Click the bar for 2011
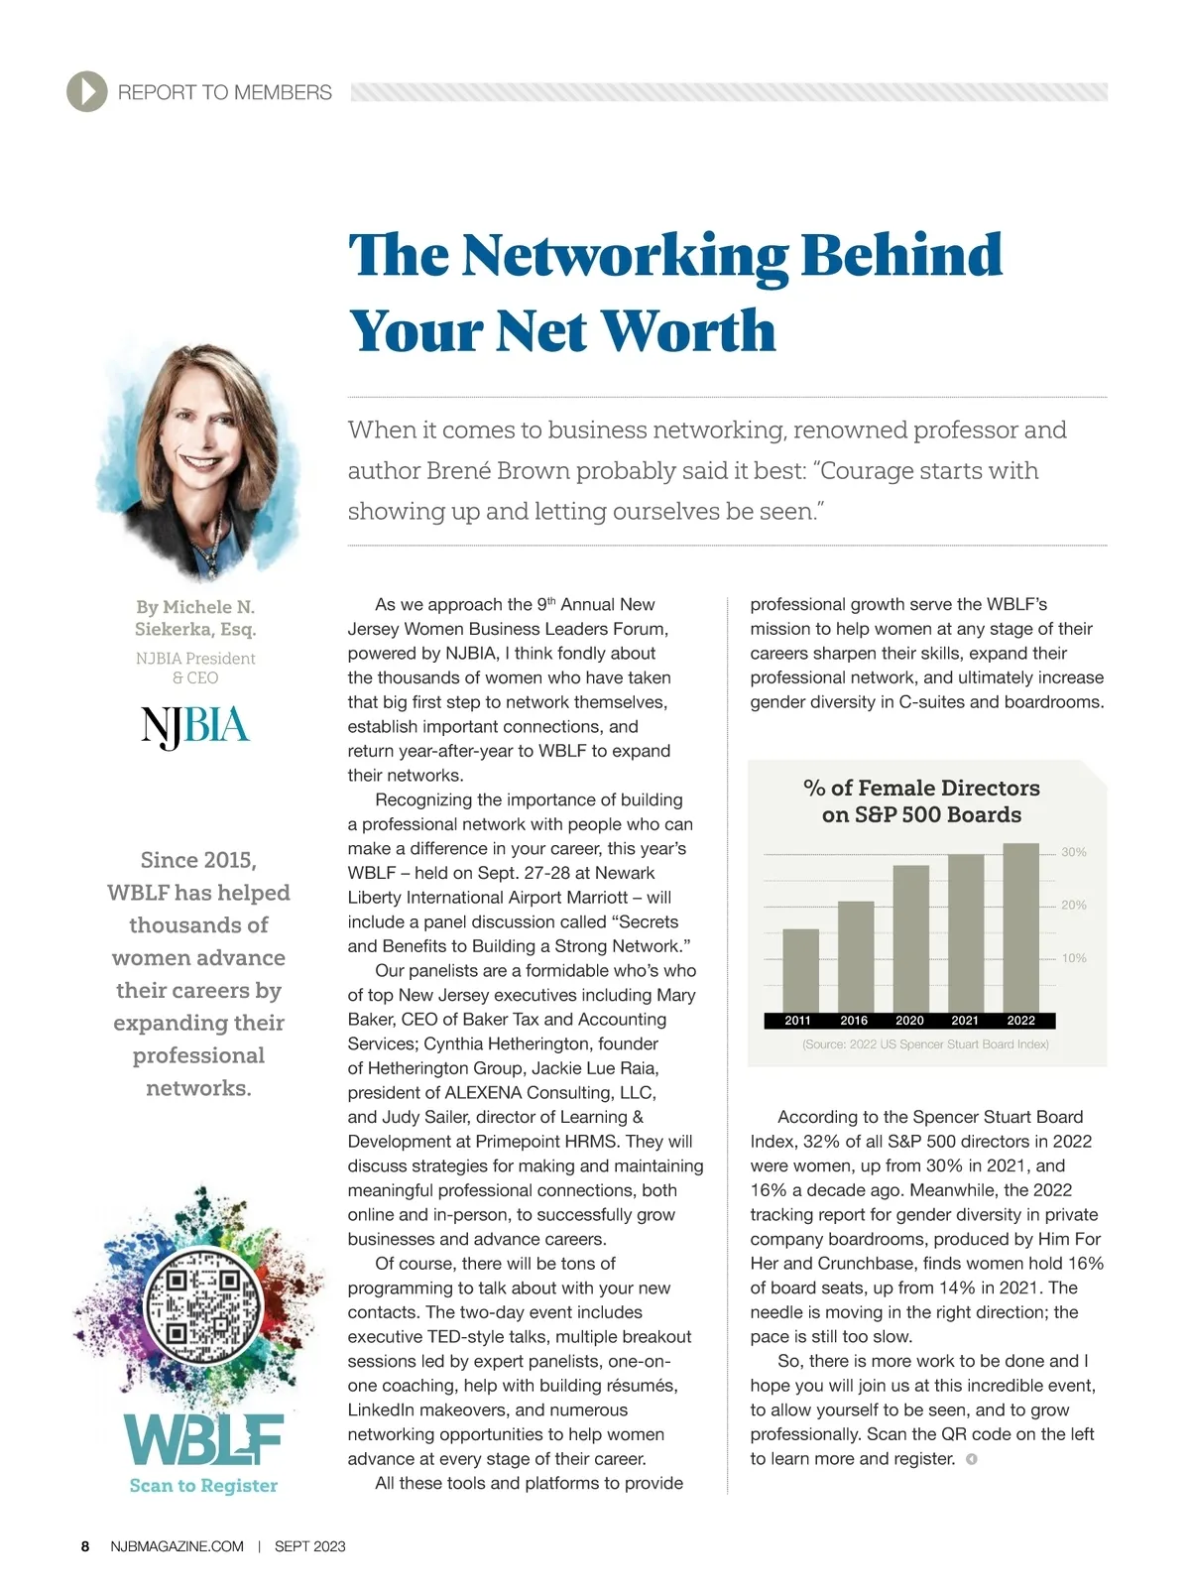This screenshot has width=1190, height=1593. coord(800,970)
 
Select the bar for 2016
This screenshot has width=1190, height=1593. coord(856,956)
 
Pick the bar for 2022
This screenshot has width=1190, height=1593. coord(1020,927)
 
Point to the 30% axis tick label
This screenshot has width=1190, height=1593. coord(1073,852)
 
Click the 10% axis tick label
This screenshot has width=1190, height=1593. coord(1073,958)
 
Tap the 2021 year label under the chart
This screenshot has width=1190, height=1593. coord(965,1021)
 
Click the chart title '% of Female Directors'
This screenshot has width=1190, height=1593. coord(921,788)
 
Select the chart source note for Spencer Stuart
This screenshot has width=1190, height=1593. coord(925,1044)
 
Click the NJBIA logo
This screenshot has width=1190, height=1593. coord(195,727)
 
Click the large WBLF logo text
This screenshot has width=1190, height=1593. coord(203,1439)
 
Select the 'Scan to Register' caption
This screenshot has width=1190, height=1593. coord(203,1485)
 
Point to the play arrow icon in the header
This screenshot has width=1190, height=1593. coord(87,92)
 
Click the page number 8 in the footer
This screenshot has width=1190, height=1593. coord(85,1546)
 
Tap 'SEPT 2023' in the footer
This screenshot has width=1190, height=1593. coord(309,1546)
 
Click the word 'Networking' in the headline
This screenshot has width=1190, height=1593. coord(625,255)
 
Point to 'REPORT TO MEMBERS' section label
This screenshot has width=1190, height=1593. coord(224,92)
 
